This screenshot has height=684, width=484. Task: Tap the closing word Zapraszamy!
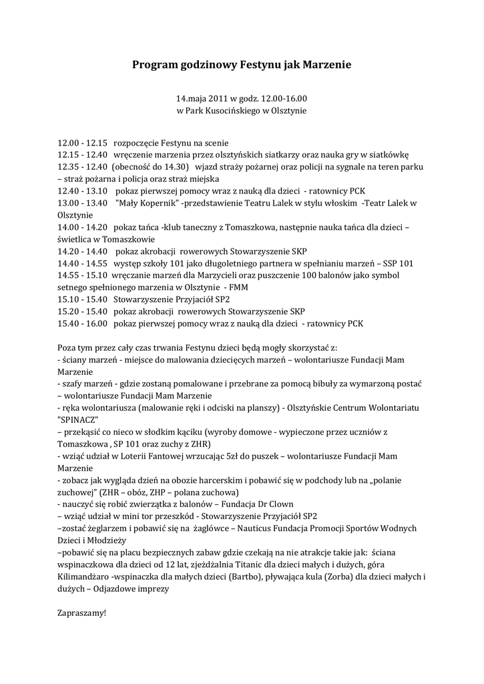(82, 612)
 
